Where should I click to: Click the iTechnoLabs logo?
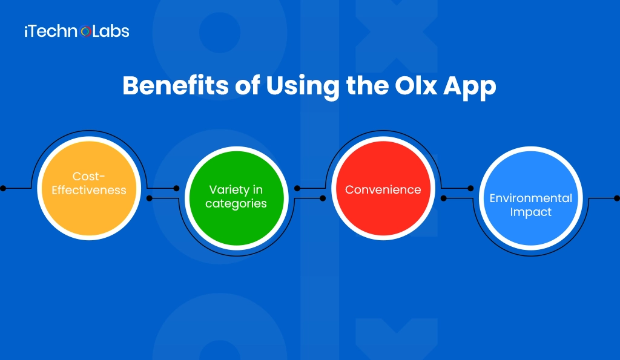click(76, 31)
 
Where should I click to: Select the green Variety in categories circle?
click(236, 197)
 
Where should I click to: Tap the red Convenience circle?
click(383, 189)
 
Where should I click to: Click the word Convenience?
click(383, 189)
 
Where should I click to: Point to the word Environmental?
click(530, 198)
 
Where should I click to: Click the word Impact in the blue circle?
click(530, 212)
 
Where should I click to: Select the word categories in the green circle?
click(236, 204)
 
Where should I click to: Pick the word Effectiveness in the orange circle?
click(89, 190)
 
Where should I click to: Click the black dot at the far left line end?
click(3, 188)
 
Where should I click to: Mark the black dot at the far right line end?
click(616, 198)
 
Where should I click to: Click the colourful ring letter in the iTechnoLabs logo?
click(85, 31)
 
